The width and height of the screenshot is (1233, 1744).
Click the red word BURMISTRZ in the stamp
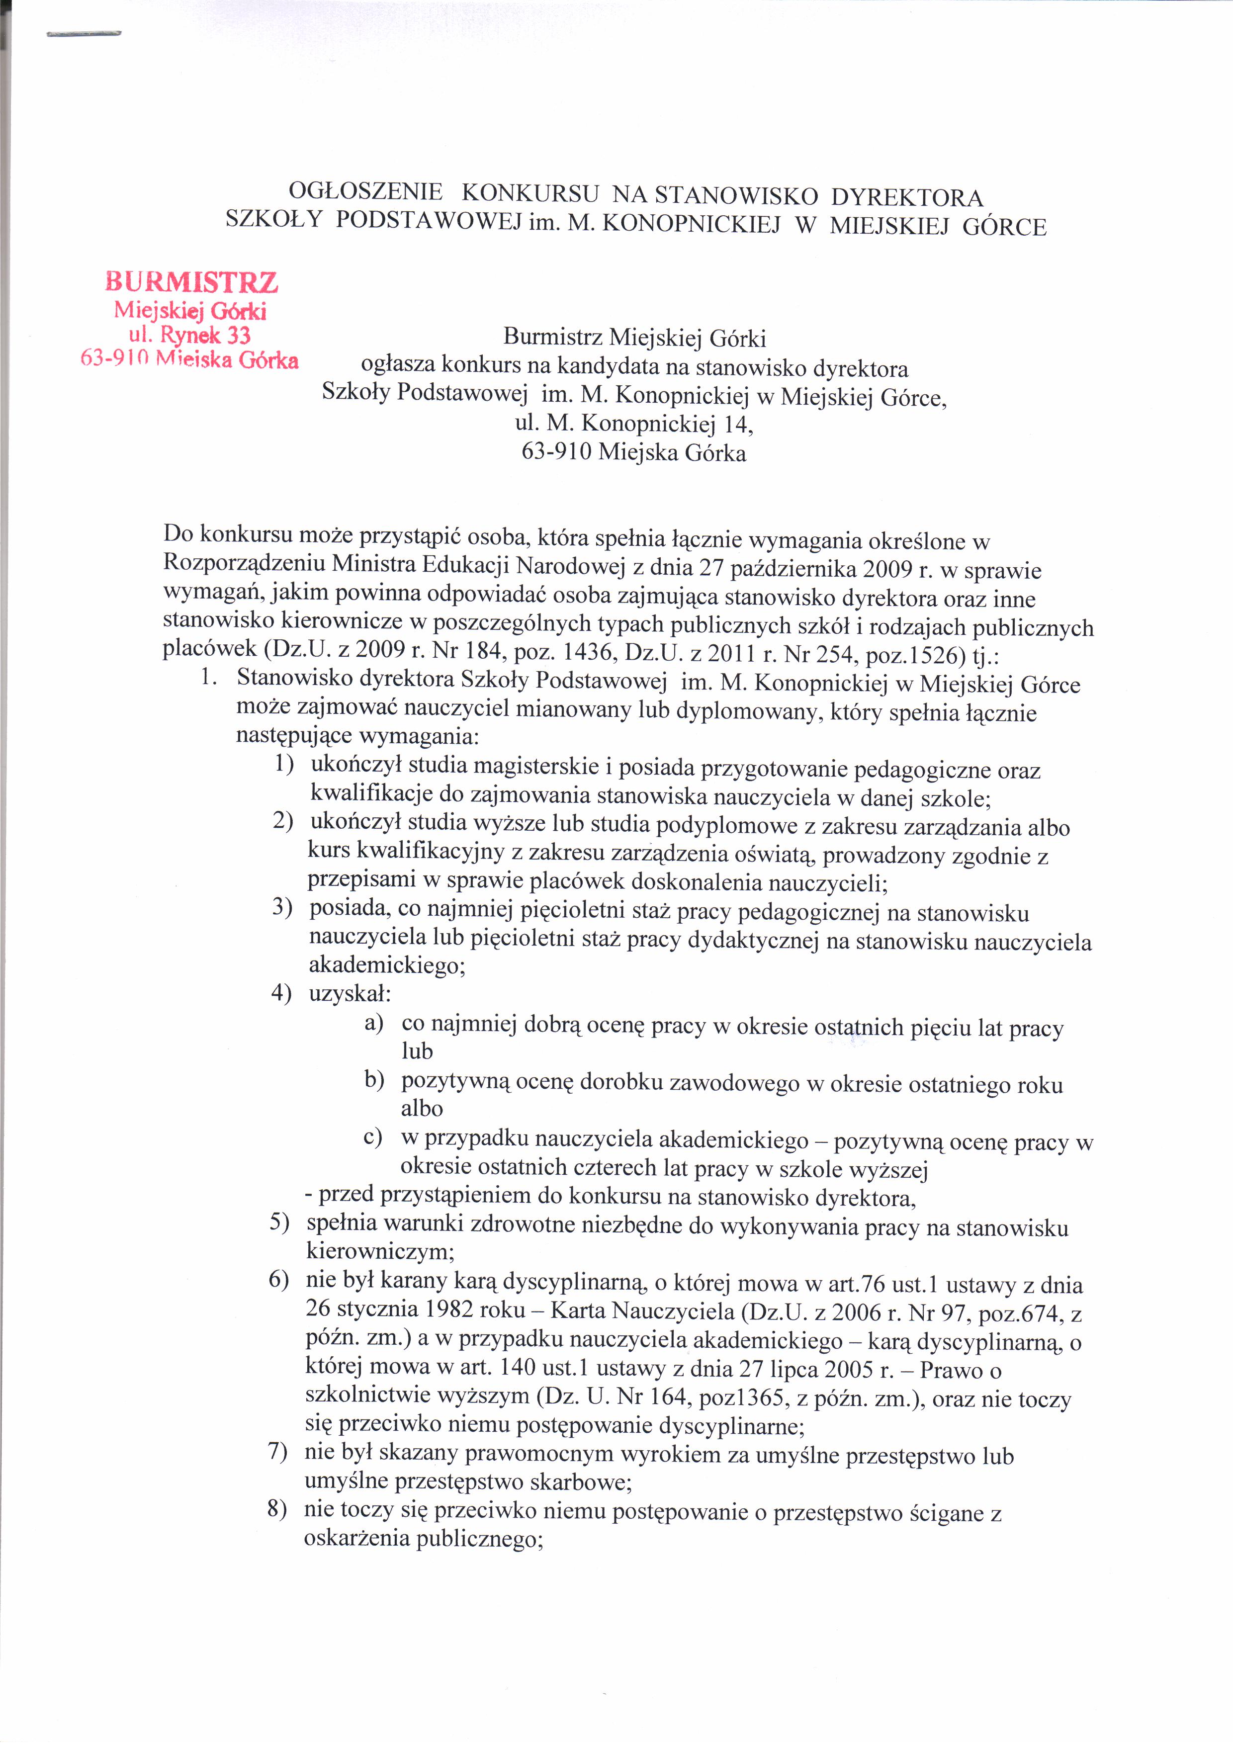[x=191, y=282]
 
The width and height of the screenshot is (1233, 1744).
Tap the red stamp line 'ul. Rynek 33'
[x=191, y=335]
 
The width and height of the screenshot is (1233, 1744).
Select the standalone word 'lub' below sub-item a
[x=417, y=1051]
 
